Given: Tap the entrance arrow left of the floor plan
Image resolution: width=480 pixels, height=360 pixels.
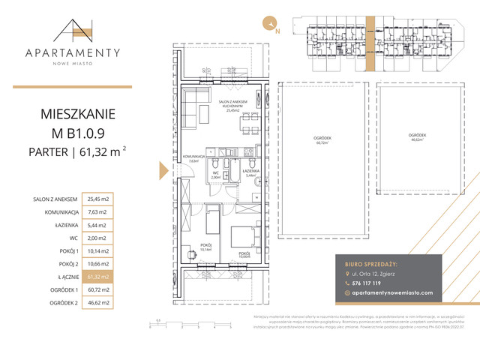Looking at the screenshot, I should point(163,172).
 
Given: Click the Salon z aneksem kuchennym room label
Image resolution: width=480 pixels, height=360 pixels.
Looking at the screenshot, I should point(233,104).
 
